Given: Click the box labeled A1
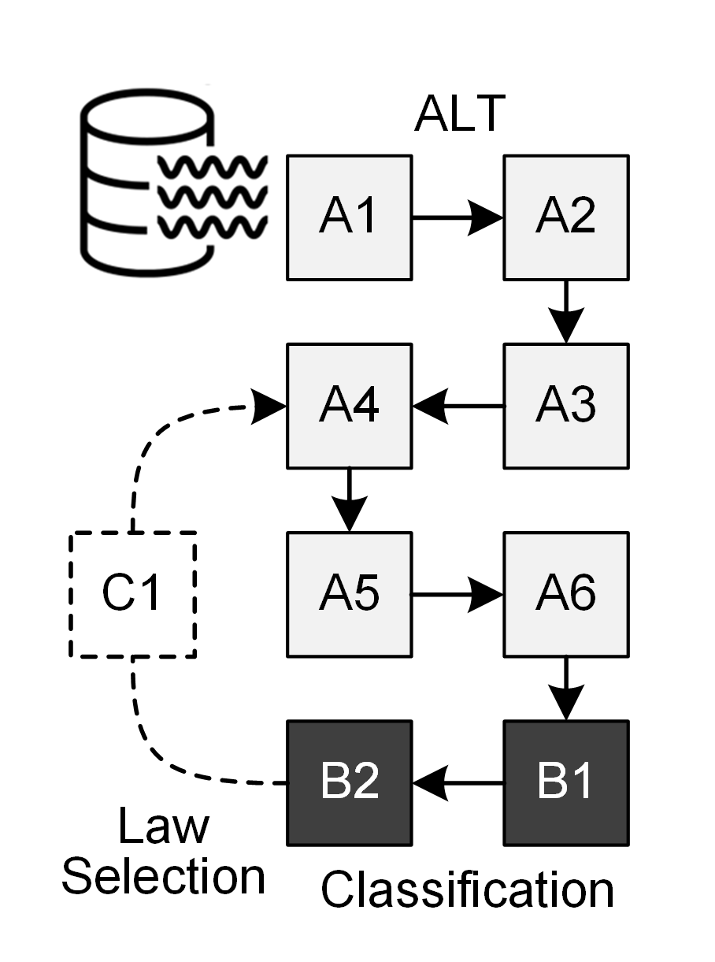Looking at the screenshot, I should pos(349,217).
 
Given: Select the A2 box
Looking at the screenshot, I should pos(566,217).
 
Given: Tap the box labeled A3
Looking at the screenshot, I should pos(566,406).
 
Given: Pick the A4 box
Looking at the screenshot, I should pos(349,406).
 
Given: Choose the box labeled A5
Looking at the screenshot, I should pos(349,594).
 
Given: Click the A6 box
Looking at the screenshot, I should pos(566,594).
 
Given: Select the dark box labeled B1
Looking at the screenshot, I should pos(566,782).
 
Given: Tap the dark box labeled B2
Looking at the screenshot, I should pos(349,782).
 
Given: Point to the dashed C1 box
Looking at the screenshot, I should pos(132,595).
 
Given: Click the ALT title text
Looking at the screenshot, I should pos(459,114).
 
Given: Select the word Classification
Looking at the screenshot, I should pos(467,890).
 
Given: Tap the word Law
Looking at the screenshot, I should pos(164,826).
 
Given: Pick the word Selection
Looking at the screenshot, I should pos(164,876).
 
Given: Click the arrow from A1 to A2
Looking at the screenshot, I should pos(458,217).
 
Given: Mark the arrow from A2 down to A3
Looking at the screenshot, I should pos(566,311).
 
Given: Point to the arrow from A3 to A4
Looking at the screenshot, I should pos(458,406).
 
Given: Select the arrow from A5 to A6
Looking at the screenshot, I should pos(458,594).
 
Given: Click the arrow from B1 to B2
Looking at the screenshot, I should pos(458,782).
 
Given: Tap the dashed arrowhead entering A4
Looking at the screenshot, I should pos(270,407).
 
